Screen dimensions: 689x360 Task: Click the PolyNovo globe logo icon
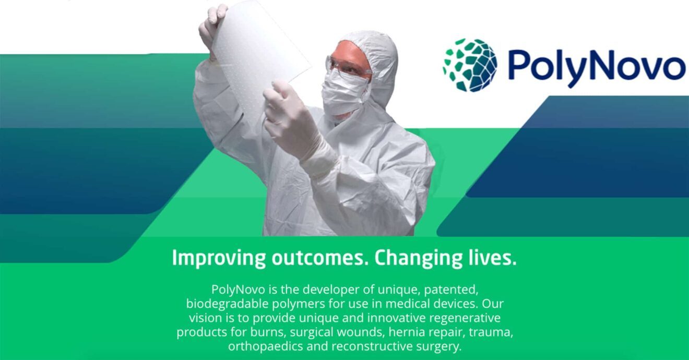470,65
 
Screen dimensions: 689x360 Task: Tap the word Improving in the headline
218,259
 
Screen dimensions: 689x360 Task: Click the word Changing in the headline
418,259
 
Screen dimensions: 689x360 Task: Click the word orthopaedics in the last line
266,347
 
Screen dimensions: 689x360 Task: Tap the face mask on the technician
344,92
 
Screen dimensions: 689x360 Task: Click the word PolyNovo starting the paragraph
238,290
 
